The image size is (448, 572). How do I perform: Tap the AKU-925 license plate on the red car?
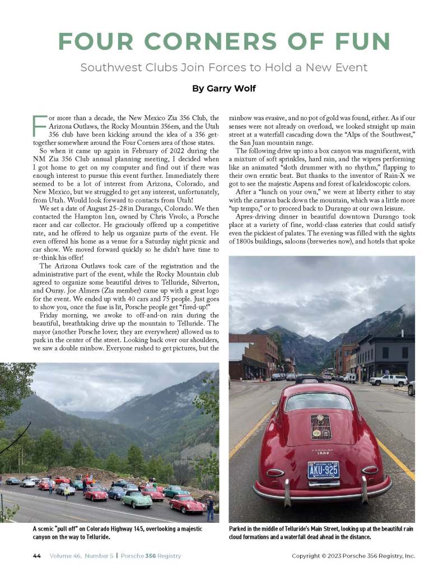[323, 469]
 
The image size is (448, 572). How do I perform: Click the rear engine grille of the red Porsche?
[321, 427]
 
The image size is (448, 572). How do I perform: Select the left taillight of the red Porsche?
[274, 472]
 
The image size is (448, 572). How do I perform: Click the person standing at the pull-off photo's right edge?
[210, 508]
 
